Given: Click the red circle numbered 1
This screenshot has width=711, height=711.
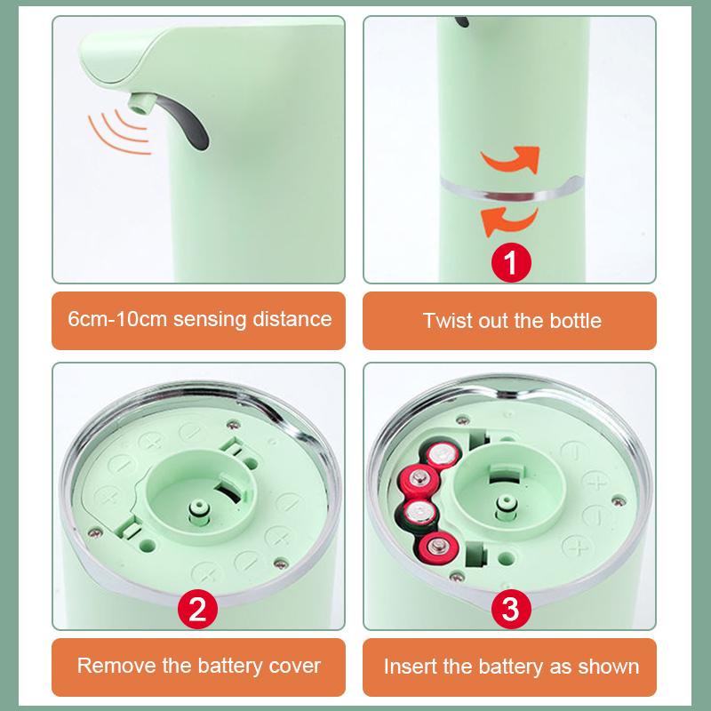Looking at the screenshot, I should point(511,262).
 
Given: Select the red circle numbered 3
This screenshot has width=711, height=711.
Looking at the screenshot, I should point(511,609).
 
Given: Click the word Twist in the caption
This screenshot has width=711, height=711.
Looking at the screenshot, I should point(446,320).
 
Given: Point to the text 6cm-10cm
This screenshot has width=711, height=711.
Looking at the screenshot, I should point(116,318).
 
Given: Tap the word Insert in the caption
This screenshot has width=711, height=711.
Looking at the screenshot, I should point(412,666).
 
